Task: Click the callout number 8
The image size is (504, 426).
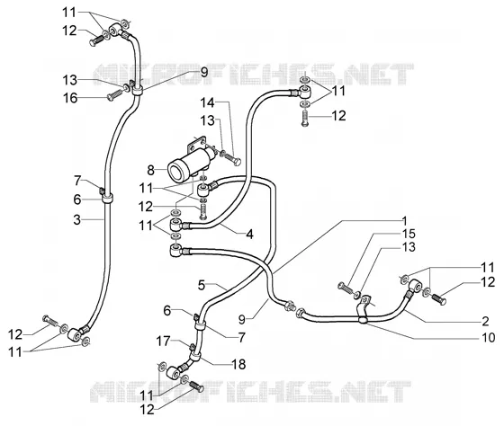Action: (151, 170)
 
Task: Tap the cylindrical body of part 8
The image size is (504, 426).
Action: (186, 164)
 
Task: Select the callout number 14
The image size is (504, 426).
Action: (207, 102)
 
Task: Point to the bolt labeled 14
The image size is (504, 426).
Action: (230, 159)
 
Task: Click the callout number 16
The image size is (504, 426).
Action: (70, 98)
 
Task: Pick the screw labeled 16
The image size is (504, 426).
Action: (114, 95)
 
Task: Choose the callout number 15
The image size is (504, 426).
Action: (409, 234)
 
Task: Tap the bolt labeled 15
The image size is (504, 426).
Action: (346, 287)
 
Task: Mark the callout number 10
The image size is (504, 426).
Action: (488, 337)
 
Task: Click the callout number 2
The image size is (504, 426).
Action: (485, 321)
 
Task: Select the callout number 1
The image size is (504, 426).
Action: (405, 221)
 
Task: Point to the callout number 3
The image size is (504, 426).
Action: (76, 220)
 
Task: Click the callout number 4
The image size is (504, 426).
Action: (250, 234)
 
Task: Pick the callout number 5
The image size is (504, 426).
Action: (202, 285)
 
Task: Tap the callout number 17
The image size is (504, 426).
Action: (163, 341)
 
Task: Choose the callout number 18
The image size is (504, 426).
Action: (238, 364)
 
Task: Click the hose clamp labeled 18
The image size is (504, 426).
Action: (195, 355)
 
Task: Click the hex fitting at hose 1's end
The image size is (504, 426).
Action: (290, 305)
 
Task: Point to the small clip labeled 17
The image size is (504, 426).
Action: (192, 347)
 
